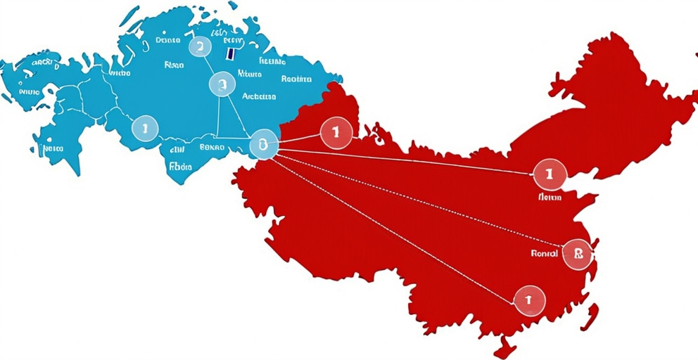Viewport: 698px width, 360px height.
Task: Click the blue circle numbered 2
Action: click(x=200, y=47)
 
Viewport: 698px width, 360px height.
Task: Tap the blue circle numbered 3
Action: click(x=221, y=85)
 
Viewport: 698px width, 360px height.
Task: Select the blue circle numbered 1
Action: click(x=145, y=128)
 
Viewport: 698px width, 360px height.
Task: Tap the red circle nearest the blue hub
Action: click(x=336, y=132)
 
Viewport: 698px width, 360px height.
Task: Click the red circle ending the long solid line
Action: click(x=550, y=173)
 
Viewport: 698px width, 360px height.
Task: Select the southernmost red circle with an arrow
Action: click(x=529, y=300)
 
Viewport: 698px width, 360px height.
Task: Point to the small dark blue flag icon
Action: click(x=230, y=52)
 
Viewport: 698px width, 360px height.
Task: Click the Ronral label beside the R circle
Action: click(x=545, y=253)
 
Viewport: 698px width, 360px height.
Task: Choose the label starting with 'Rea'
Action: click(x=296, y=79)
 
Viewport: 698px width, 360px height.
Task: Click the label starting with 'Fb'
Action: click(x=180, y=167)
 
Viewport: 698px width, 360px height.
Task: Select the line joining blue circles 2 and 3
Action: click(x=210, y=66)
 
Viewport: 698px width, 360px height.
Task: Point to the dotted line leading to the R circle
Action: click(x=422, y=199)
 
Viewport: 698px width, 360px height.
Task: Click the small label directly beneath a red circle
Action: click(x=550, y=198)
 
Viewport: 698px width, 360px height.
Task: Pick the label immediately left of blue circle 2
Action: click(x=168, y=41)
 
